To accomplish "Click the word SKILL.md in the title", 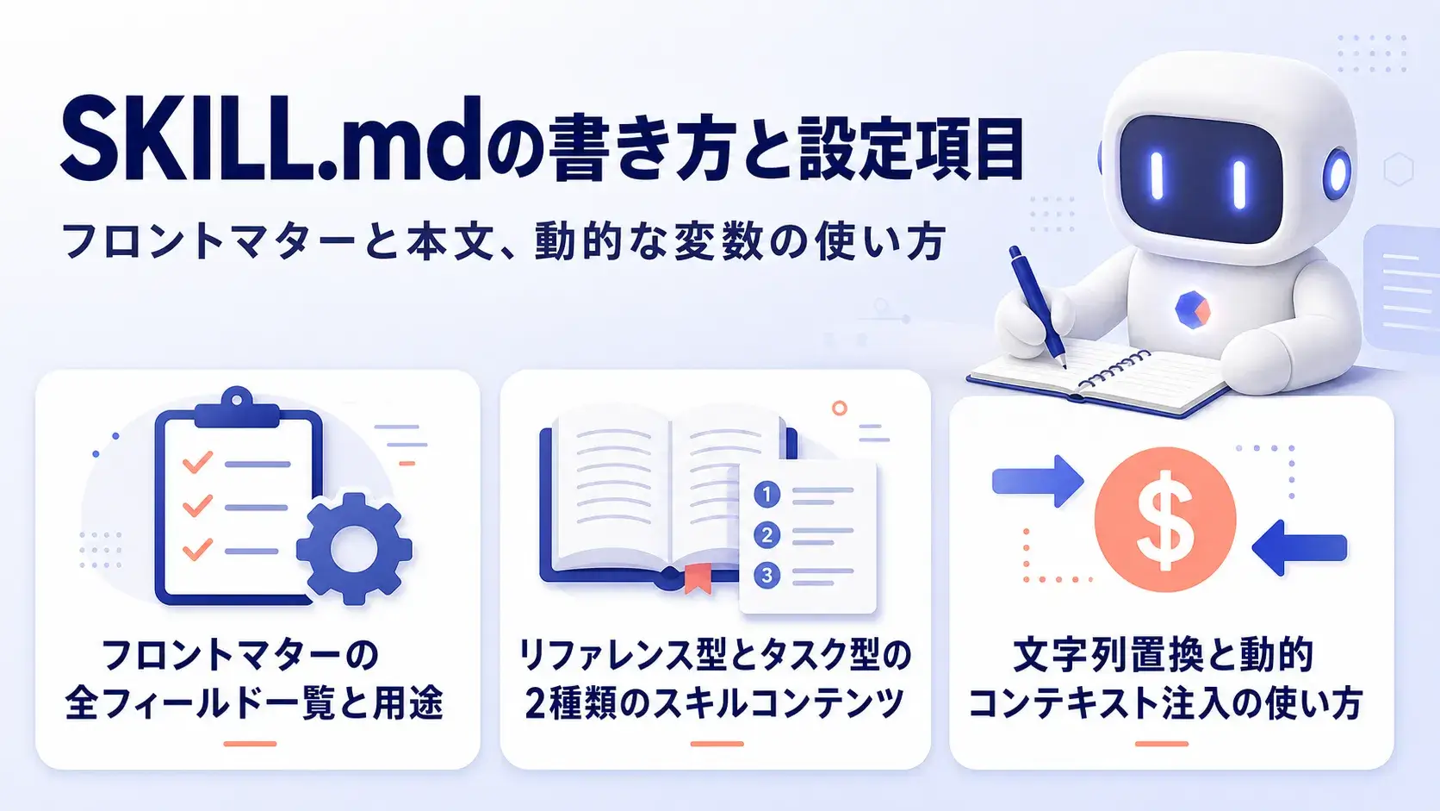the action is (270, 140).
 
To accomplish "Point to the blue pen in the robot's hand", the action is (1037, 307).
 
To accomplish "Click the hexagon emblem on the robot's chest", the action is (1193, 309).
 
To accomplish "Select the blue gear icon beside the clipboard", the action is (354, 549).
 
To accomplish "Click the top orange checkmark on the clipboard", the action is (197, 462).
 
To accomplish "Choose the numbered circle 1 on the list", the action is (767, 495).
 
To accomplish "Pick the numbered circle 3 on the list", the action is (767, 575).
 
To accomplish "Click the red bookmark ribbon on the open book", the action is (698, 577).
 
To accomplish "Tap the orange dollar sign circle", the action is (1165, 520).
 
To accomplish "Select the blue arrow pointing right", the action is (1038, 481).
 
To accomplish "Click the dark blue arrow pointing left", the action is (1300, 548).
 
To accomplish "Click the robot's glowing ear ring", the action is (1338, 172).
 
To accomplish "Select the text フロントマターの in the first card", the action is (240, 655).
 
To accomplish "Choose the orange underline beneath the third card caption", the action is (1162, 744).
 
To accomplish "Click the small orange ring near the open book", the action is (839, 408).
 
